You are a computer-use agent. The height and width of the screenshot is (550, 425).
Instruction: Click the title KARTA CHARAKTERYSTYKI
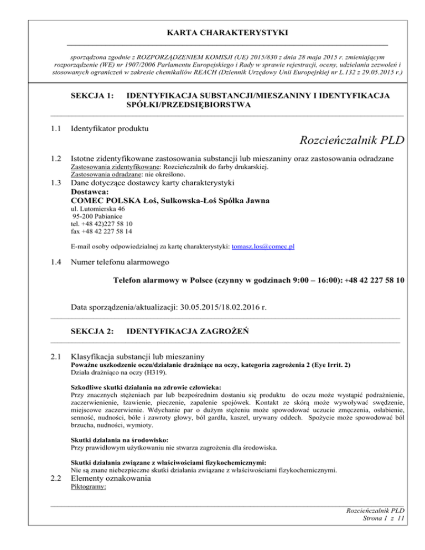click(212, 33)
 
